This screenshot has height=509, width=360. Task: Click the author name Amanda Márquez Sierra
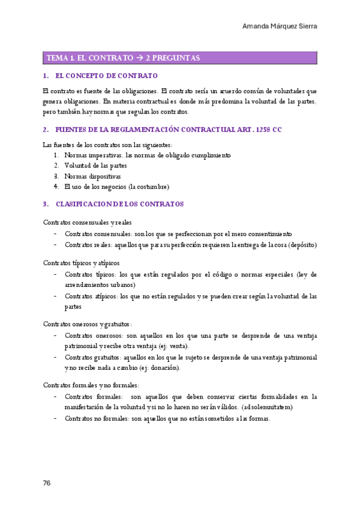click(x=280, y=26)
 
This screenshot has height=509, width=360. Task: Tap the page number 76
click(x=47, y=483)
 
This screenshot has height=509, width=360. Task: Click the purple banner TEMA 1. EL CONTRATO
click(x=180, y=58)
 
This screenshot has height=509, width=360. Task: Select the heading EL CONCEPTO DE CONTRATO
click(x=106, y=76)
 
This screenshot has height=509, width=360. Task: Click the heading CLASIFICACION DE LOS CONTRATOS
click(x=119, y=204)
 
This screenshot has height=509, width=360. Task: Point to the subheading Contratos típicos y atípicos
click(x=81, y=263)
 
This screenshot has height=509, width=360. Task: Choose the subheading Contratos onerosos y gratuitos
click(x=88, y=324)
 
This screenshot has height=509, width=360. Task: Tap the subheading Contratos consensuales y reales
click(x=88, y=222)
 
